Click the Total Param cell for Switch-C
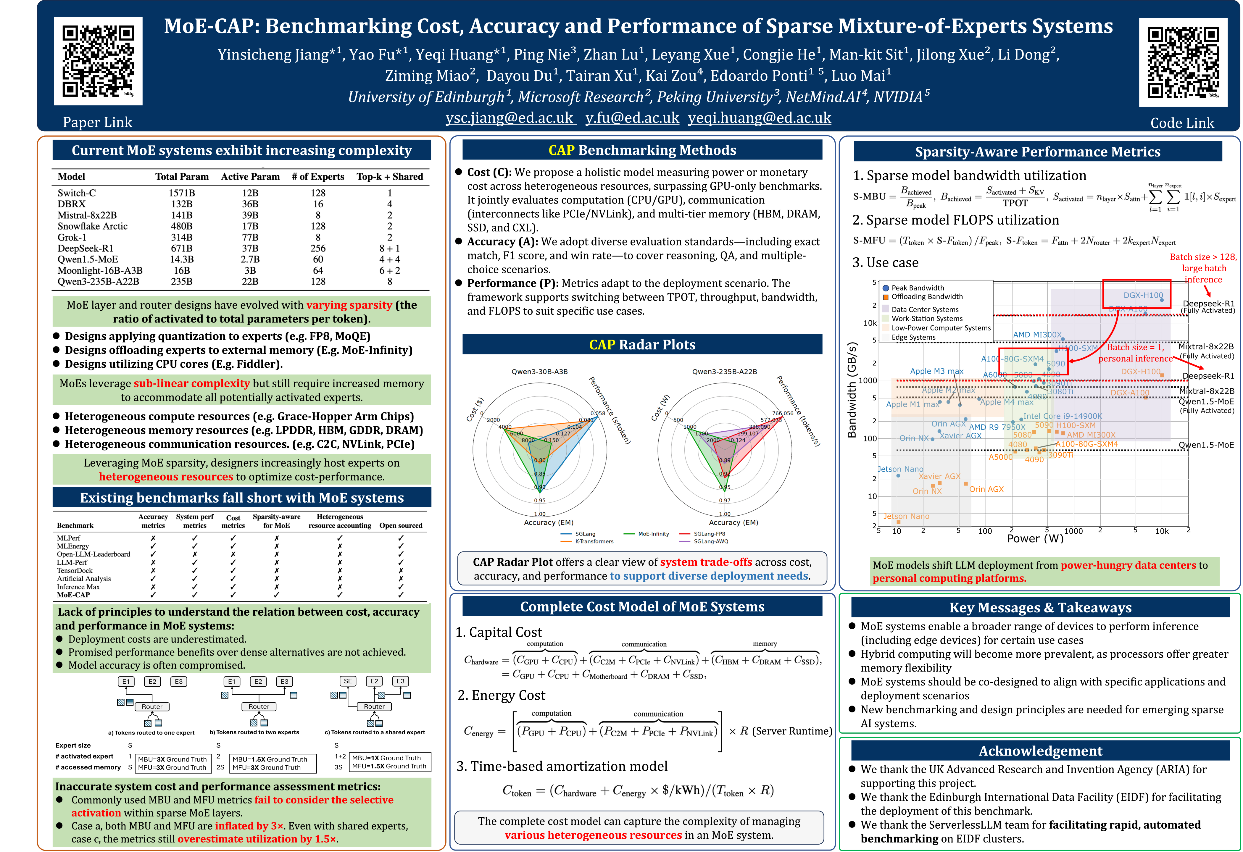tap(182, 193)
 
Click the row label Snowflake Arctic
tap(93, 226)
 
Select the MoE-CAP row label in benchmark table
tap(73, 595)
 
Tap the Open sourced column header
tap(401, 526)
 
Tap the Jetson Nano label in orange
tap(906, 516)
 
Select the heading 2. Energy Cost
tap(501, 695)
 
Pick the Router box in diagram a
tap(152, 706)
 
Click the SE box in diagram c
tap(348, 681)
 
